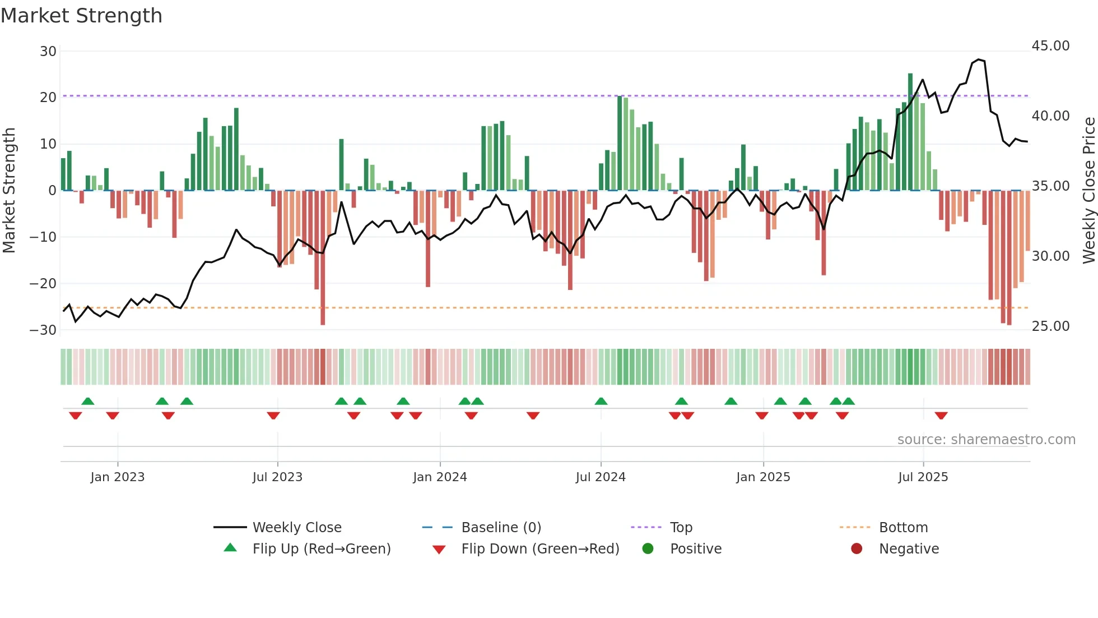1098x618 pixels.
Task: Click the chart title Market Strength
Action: pyautogui.click(x=81, y=16)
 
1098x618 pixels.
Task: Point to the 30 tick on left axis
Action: pyautogui.click(x=48, y=52)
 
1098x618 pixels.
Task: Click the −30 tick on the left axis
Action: pyautogui.click(x=43, y=330)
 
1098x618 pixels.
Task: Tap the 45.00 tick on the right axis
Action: pyautogui.click(x=1050, y=46)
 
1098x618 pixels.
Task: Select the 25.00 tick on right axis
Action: pyautogui.click(x=1050, y=326)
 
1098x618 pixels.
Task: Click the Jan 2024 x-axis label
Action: pyautogui.click(x=440, y=477)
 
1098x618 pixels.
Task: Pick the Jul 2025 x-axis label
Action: pyautogui.click(x=923, y=477)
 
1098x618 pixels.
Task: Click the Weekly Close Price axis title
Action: pyautogui.click(x=1088, y=190)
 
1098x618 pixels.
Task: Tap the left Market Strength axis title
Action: pyautogui.click(x=10, y=190)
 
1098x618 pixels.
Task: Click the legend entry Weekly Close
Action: pyautogui.click(x=296, y=527)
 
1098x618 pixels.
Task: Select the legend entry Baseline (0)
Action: pyautogui.click(x=501, y=527)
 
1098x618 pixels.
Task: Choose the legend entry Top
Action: pyautogui.click(x=681, y=527)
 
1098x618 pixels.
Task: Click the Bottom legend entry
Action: pyautogui.click(x=903, y=527)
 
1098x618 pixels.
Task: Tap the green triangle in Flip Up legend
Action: pyautogui.click(x=230, y=548)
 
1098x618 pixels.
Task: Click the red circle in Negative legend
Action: pyautogui.click(x=856, y=548)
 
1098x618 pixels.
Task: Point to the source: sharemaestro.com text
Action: pyautogui.click(x=986, y=439)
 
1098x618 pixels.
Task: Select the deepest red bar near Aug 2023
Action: pyautogui.click(x=323, y=258)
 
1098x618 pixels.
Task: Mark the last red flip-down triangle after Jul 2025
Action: pyautogui.click(x=941, y=416)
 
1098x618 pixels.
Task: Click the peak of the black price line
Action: pyautogui.click(x=978, y=59)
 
